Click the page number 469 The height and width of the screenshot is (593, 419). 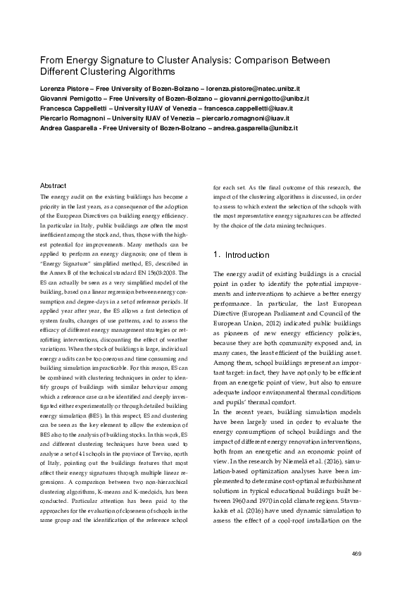356,553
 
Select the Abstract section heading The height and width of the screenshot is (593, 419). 54,185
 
